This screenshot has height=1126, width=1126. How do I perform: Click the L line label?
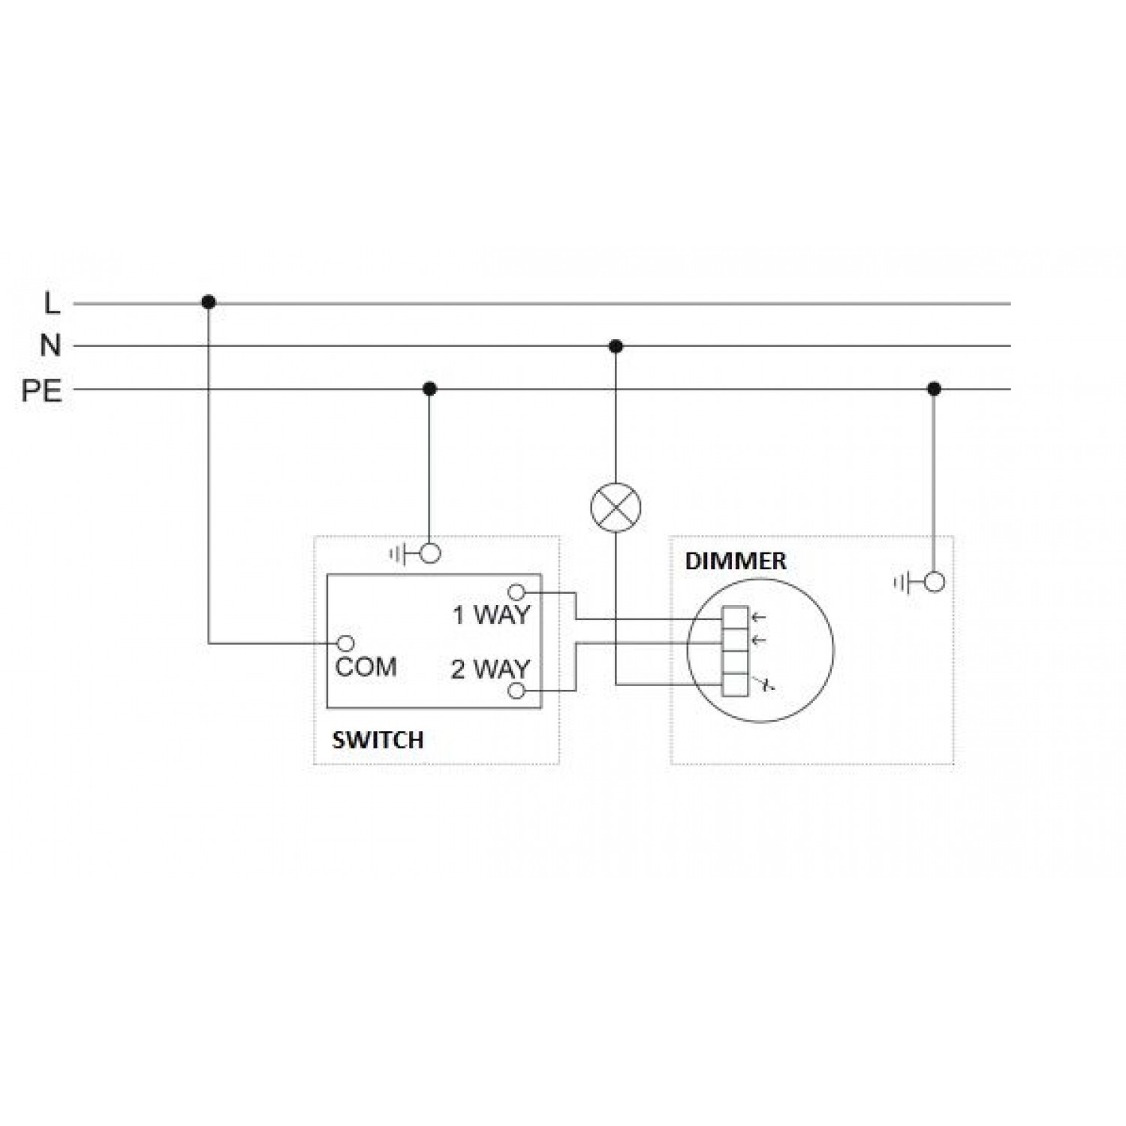click(51, 304)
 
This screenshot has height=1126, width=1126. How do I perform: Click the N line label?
click(50, 346)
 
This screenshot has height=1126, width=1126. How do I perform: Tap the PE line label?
click(42, 390)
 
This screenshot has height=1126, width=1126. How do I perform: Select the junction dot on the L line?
click(209, 303)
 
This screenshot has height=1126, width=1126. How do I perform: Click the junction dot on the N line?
click(616, 346)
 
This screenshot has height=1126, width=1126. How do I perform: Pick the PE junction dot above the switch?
click(429, 389)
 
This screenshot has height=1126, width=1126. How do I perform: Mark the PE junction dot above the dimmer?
click(934, 389)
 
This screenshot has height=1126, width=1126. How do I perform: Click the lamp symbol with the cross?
click(616, 507)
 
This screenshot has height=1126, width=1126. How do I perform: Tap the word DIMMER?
click(736, 561)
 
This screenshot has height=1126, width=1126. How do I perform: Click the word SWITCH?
click(378, 740)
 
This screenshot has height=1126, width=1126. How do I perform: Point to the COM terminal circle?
click(346, 643)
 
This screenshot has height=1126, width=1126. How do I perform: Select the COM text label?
click(366, 667)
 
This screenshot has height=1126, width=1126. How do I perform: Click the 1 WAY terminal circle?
click(516, 592)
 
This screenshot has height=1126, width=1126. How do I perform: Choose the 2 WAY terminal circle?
click(516, 691)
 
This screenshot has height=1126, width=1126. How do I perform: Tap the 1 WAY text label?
click(491, 616)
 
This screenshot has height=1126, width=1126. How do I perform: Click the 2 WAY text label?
click(490, 669)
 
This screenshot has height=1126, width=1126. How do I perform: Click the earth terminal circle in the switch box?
click(430, 554)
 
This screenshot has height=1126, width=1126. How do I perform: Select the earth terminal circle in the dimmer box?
click(934, 582)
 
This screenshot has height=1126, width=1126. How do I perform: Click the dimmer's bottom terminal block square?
click(734, 685)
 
